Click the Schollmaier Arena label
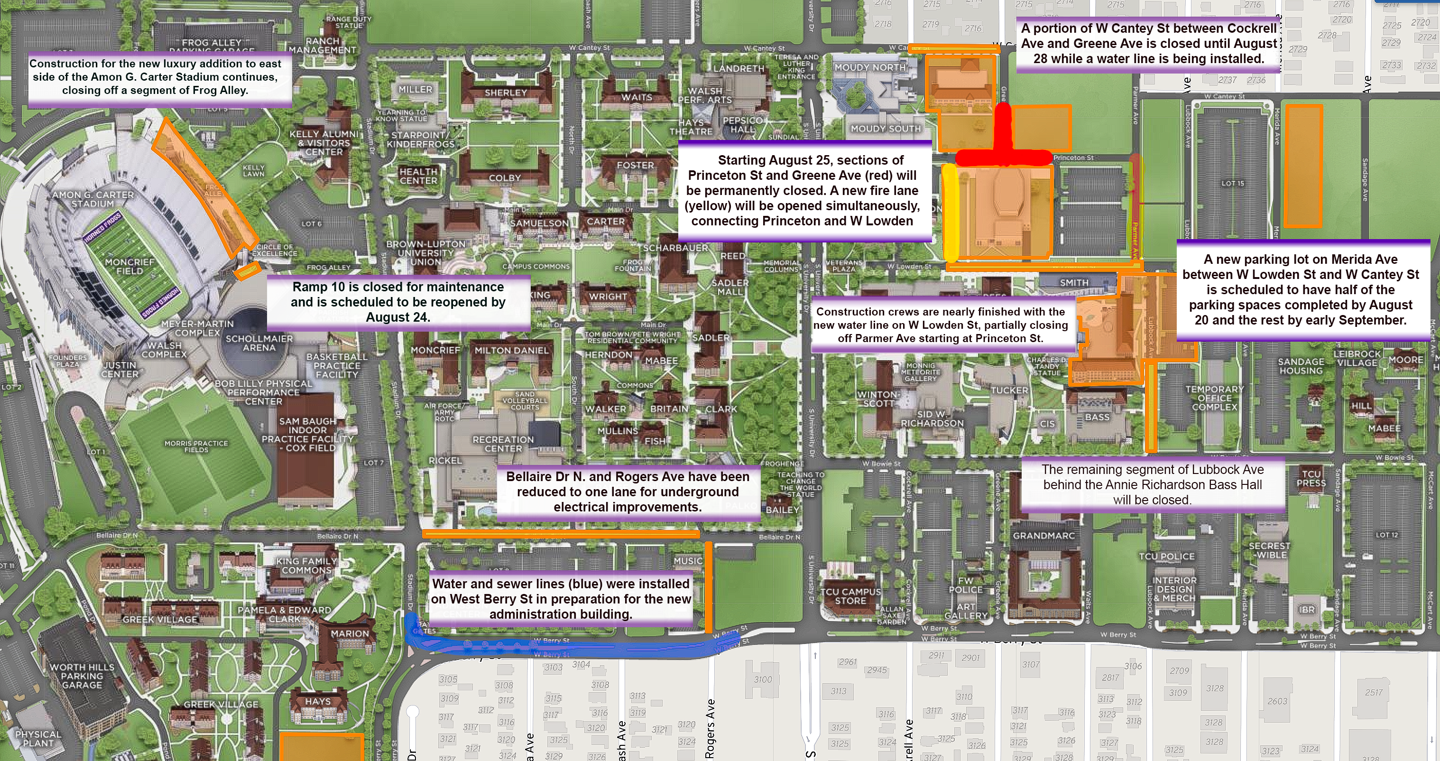[x=259, y=343]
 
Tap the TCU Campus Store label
[x=850, y=596]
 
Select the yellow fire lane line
[x=950, y=213]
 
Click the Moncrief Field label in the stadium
[x=129, y=266]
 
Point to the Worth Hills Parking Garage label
[x=82, y=676]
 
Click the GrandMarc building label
[x=1043, y=536]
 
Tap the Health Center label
[x=418, y=176]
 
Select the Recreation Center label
[x=503, y=444]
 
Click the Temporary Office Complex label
[x=1214, y=398]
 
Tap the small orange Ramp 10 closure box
[x=247, y=271]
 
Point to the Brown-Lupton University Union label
[x=426, y=253]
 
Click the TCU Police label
[x=1167, y=557]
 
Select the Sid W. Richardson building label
[x=932, y=418]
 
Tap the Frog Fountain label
[x=632, y=265]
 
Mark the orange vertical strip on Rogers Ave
[x=708, y=587]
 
